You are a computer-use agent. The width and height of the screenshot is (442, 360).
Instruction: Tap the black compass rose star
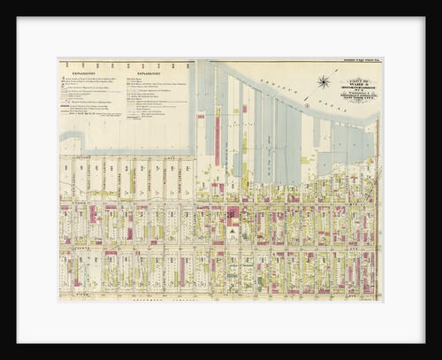[x=324, y=82]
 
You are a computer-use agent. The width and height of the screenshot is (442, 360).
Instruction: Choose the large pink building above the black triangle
[x=232, y=215]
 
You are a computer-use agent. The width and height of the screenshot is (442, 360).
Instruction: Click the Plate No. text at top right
[x=358, y=60]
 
